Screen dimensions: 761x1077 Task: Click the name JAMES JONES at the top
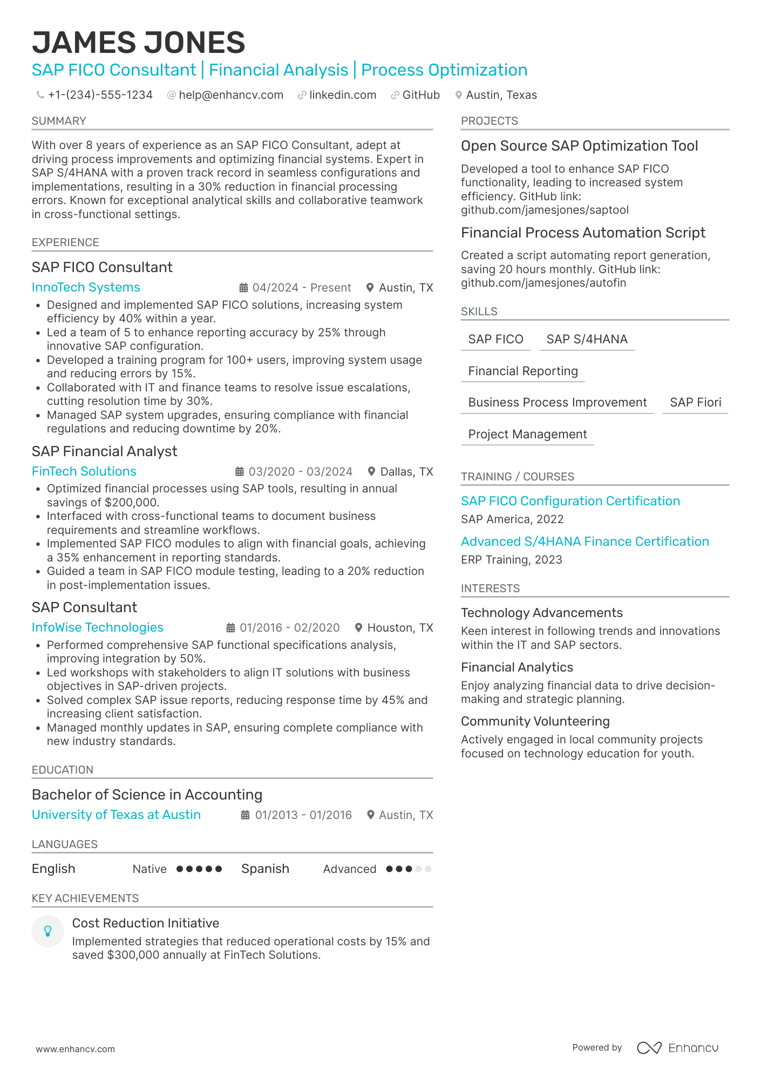138,43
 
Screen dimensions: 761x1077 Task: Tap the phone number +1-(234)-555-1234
100,95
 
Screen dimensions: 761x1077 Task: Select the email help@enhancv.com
230,95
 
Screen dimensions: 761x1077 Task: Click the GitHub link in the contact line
420,95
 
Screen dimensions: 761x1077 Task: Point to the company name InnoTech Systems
86,287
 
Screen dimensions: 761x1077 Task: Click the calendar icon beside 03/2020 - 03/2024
240,472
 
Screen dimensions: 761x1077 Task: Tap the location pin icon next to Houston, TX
358,628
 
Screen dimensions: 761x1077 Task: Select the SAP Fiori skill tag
695,402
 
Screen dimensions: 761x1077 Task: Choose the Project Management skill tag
527,434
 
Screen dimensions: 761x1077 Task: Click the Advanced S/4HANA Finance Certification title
585,541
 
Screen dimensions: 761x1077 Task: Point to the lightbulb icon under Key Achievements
47,931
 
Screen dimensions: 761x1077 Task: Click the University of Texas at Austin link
116,815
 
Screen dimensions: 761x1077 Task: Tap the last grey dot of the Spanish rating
429,869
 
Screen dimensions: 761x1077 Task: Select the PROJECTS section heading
489,121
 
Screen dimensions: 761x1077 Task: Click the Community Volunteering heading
535,721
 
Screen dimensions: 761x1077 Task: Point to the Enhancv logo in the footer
677,1048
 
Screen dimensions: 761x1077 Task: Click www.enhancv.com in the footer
76,1049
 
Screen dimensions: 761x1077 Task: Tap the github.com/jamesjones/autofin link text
543,283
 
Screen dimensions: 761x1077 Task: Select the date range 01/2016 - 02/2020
289,628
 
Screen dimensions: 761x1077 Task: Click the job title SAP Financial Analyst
104,451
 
